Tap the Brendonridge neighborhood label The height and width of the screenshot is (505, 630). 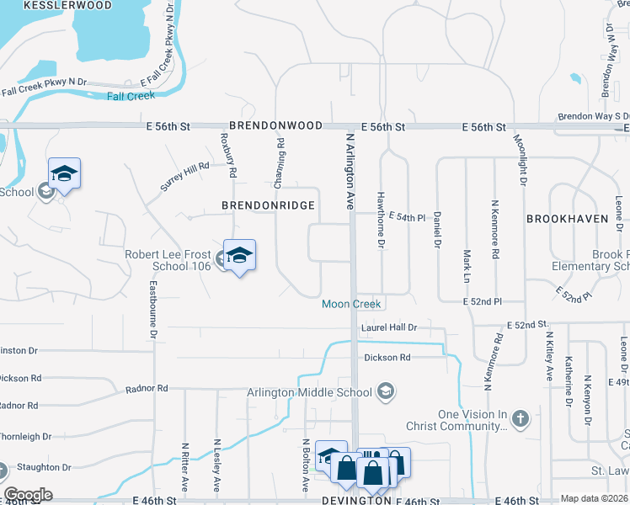[x=268, y=205]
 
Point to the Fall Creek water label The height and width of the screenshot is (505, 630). [x=131, y=96]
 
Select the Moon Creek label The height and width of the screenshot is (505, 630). [x=351, y=304]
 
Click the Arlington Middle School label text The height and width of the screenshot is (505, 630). [x=309, y=392]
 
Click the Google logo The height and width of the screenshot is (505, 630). [x=28, y=495]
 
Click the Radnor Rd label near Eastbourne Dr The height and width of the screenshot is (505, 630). [x=147, y=389]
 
